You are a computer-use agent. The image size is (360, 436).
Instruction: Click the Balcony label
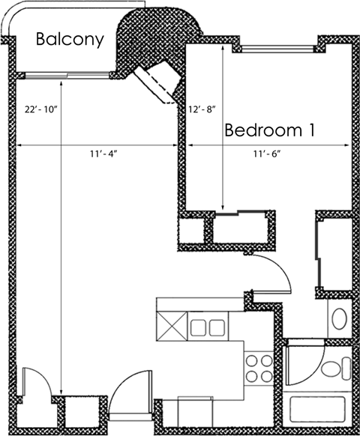coord(70,40)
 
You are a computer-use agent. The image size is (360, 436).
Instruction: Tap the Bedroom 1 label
coord(269,130)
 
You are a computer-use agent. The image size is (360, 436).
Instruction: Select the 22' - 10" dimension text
coord(38,109)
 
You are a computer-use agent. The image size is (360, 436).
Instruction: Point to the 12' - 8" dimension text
coord(202,109)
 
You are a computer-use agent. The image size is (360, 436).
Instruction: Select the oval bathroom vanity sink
coord(339,319)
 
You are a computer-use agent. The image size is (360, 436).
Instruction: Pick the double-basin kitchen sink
coord(206,327)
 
